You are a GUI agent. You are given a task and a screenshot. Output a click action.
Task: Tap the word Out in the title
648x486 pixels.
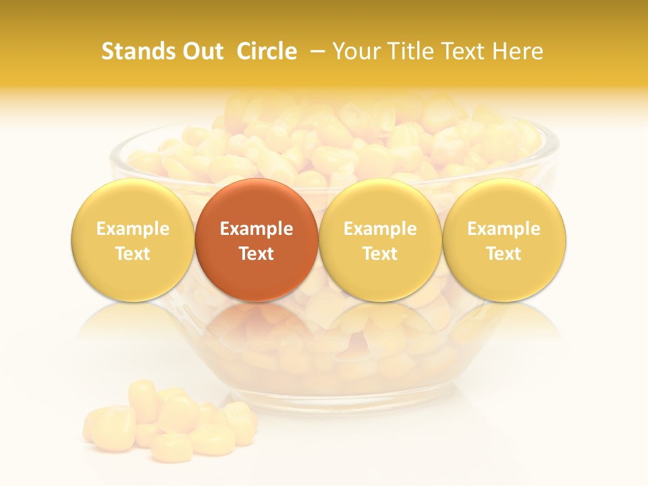(x=201, y=51)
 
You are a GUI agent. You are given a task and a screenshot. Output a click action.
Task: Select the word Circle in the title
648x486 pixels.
(x=267, y=51)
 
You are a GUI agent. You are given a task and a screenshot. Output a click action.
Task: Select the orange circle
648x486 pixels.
(x=256, y=240)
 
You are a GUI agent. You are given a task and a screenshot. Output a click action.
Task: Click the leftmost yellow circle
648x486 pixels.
(x=133, y=240)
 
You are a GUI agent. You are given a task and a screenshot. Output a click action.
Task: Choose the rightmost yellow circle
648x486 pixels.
(x=504, y=240)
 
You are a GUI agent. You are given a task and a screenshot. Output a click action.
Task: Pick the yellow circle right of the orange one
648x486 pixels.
(x=380, y=240)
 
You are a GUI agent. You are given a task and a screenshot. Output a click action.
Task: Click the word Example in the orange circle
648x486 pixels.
(x=256, y=229)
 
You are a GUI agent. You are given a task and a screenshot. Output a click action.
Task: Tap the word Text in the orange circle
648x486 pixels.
(x=256, y=254)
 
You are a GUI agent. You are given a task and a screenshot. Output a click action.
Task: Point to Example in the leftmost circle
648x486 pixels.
(x=133, y=229)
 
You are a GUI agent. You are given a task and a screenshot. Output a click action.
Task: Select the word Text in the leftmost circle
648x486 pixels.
(x=133, y=254)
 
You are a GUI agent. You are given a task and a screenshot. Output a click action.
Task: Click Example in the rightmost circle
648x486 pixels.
(x=504, y=229)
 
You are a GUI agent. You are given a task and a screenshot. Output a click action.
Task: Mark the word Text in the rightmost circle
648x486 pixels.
(x=504, y=254)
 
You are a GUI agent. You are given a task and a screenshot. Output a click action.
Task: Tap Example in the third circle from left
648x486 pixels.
(x=380, y=229)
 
